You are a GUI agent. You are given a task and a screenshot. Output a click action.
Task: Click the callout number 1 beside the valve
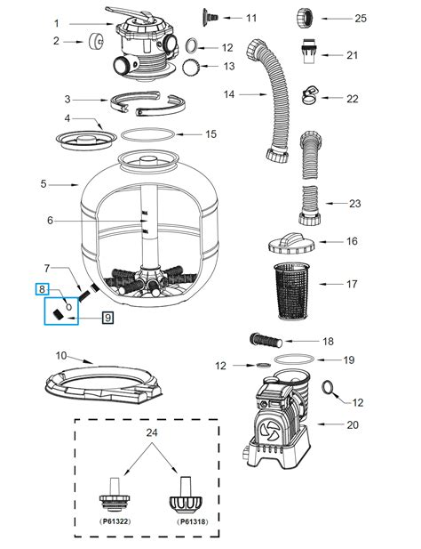56,23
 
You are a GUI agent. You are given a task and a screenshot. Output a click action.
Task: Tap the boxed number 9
107,317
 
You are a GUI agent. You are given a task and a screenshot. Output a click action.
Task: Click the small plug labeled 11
210,15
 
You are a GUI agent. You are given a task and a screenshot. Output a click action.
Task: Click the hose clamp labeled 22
309,93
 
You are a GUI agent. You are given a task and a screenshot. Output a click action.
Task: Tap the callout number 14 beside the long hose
229,93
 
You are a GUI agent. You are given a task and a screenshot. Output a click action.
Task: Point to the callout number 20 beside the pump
353,424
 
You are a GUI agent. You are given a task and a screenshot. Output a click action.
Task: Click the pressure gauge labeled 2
91,41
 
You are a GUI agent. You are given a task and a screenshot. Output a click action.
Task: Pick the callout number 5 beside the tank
44,184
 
